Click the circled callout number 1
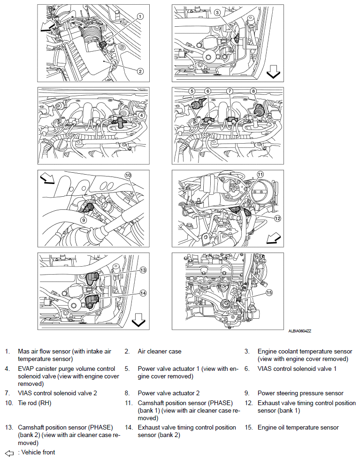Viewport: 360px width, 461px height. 140,16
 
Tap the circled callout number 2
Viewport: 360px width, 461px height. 140,71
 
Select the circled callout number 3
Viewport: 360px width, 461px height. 217,13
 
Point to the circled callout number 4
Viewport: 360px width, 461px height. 141,115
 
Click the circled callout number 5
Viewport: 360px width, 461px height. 191,91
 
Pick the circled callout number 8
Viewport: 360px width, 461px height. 253,91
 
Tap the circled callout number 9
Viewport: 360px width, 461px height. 83,219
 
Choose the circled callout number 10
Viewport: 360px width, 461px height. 128,175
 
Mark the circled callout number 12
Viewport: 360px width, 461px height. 277,218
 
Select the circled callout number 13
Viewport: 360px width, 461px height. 143,270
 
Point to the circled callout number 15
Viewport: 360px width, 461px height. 269,292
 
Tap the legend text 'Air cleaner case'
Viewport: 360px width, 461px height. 159,351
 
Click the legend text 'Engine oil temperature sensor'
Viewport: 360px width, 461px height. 298,427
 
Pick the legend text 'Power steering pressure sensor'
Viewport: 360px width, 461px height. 300,393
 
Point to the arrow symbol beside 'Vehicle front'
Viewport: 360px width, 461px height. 9,453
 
